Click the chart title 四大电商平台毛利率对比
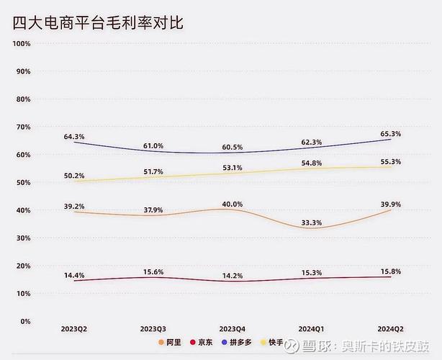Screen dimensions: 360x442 [98, 22]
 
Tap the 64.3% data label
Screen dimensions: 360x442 [74, 136]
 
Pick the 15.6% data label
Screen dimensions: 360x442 [152, 271]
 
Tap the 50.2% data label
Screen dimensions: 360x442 [74, 176]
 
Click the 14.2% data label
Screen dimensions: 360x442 [231, 275]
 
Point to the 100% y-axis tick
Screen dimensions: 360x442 [21, 43]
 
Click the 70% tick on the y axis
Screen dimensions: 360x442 [22, 127]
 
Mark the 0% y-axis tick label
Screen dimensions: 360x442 [24, 321]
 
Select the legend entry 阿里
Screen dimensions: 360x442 [171, 342]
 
